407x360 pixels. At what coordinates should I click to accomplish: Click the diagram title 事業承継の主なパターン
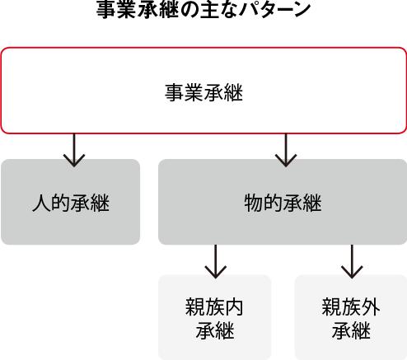click(x=203, y=9)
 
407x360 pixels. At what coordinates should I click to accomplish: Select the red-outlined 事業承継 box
click(x=203, y=91)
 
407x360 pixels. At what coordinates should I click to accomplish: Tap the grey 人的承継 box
click(x=71, y=202)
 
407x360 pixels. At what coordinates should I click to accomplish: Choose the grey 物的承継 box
click(x=283, y=202)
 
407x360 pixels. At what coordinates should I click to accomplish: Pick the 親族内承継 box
click(x=215, y=317)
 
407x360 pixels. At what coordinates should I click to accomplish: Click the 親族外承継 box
click(x=351, y=317)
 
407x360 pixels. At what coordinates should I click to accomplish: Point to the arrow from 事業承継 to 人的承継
click(x=74, y=150)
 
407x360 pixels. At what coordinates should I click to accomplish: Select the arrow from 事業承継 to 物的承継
click(x=286, y=150)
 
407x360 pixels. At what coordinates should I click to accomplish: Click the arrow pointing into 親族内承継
click(x=216, y=261)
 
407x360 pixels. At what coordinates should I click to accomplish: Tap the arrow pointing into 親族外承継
click(x=352, y=261)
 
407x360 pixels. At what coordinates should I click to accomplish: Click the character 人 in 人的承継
click(x=41, y=203)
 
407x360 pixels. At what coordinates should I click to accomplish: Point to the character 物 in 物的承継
click(x=253, y=203)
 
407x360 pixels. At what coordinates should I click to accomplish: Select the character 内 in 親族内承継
click(x=234, y=307)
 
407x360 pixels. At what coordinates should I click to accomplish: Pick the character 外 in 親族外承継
click(x=371, y=307)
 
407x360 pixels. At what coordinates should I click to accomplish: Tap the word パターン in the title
click(x=274, y=10)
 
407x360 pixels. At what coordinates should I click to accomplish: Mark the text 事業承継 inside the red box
click(x=203, y=92)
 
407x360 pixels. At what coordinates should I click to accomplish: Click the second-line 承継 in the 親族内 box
click(x=215, y=330)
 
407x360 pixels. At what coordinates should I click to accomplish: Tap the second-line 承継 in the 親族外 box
click(x=351, y=330)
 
